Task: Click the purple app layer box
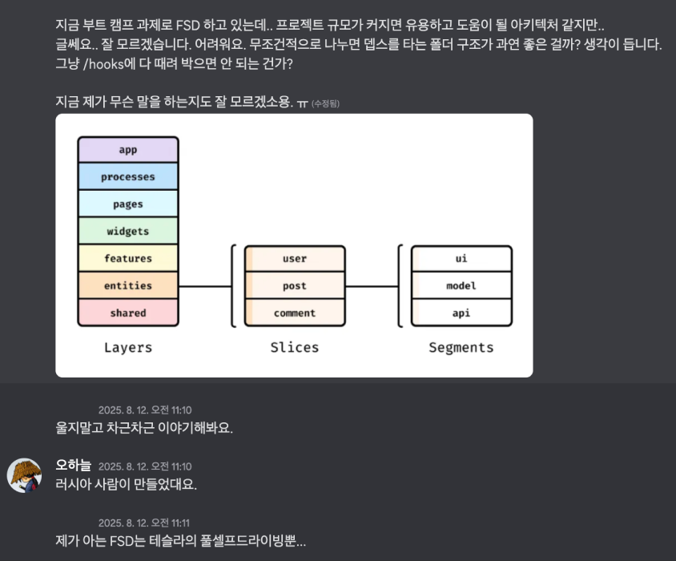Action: [x=128, y=150]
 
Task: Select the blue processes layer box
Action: [x=128, y=177]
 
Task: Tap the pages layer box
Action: [x=128, y=204]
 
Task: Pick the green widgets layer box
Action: [x=128, y=232]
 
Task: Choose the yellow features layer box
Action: [x=128, y=259]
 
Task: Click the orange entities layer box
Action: [x=128, y=286]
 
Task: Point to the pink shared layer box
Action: [x=128, y=313]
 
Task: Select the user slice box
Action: [x=295, y=259]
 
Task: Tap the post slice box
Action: [x=295, y=286]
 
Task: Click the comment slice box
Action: [x=295, y=313]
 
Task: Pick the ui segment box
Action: [x=461, y=259]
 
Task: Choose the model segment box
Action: [x=461, y=286]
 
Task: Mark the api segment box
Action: [x=461, y=313]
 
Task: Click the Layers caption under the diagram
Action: [x=128, y=348]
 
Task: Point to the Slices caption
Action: [x=295, y=348]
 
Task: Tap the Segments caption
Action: [x=461, y=348]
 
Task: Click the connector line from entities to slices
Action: [x=204, y=286]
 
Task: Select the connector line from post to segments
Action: [x=372, y=286]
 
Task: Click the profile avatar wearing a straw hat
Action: [x=25, y=475]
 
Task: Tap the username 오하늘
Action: [x=73, y=466]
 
